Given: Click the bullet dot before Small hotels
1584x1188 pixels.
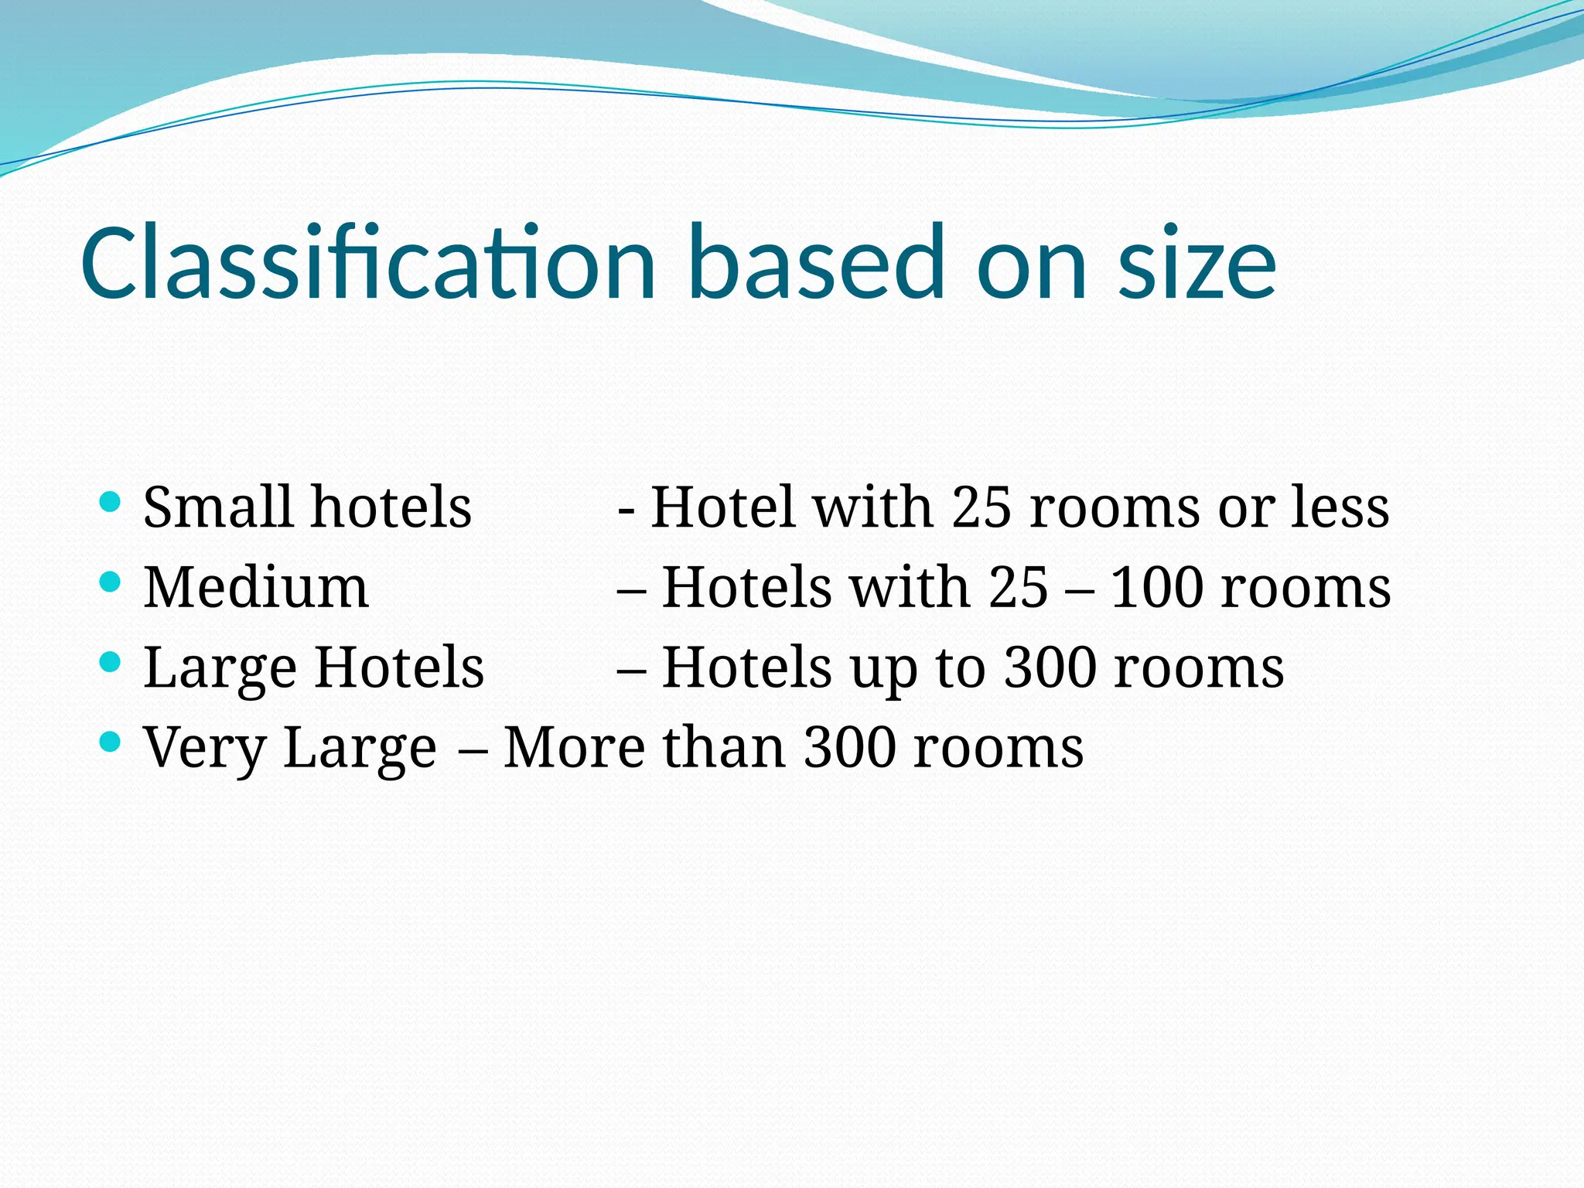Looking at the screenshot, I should (111, 502).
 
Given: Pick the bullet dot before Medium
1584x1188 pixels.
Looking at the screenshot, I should (111, 582).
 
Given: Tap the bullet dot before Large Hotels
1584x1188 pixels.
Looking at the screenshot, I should (111, 662).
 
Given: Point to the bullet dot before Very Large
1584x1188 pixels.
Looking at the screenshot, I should (111, 742).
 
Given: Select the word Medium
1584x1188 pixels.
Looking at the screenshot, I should (256, 587).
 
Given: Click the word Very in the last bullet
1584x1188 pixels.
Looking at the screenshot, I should (204, 748).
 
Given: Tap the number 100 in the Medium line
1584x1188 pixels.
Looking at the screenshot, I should (1156, 587).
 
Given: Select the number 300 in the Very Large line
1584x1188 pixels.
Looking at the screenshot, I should (849, 748).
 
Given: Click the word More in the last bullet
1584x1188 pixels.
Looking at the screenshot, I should (574, 748).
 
